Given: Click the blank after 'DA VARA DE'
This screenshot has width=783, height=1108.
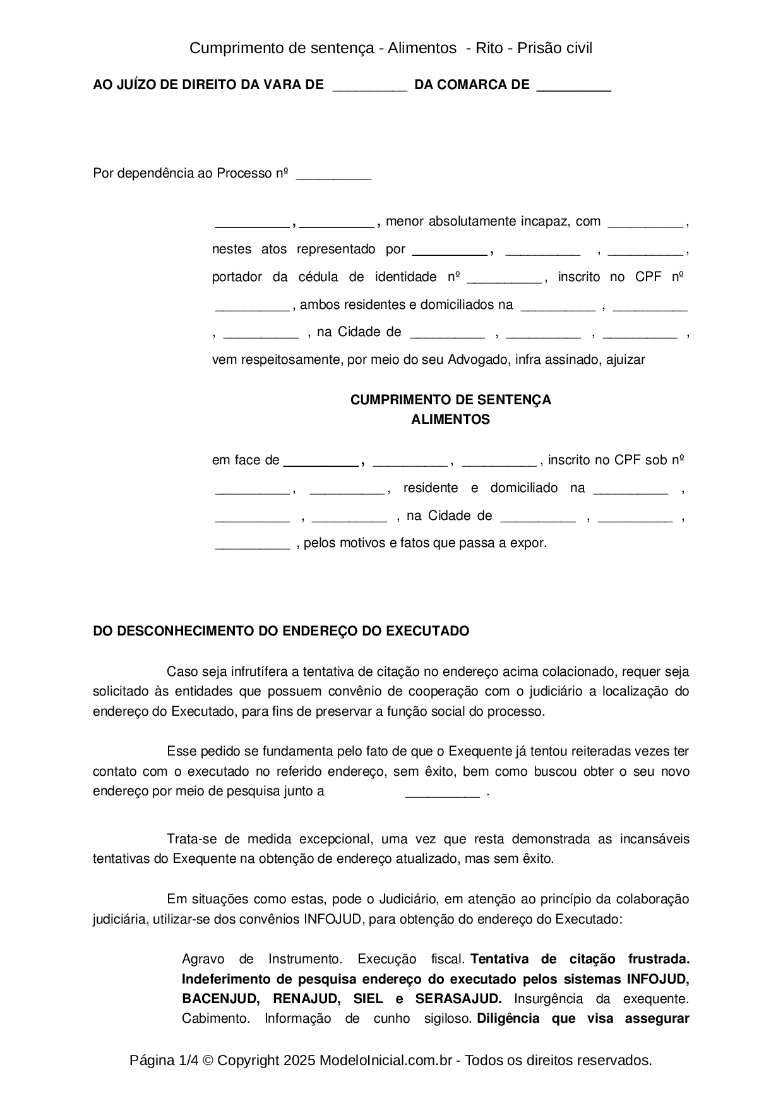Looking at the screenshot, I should click(369, 87).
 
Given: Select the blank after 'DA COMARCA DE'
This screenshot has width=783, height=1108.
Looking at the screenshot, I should click(573, 87).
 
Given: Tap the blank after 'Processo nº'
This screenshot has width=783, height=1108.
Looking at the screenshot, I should click(333, 176).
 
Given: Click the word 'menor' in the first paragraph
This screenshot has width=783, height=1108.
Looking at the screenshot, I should click(405, 221).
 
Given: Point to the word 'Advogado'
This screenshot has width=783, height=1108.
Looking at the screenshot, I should click(479, 359).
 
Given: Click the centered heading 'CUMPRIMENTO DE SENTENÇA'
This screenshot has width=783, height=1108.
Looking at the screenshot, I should click(450, 400).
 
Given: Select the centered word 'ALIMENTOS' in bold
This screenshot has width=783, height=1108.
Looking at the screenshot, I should click(450, 419).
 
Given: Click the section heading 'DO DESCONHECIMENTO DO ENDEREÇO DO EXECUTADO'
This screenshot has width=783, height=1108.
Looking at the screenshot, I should click(281, 631).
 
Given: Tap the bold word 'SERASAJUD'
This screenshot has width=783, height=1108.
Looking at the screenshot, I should click(458, 999).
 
